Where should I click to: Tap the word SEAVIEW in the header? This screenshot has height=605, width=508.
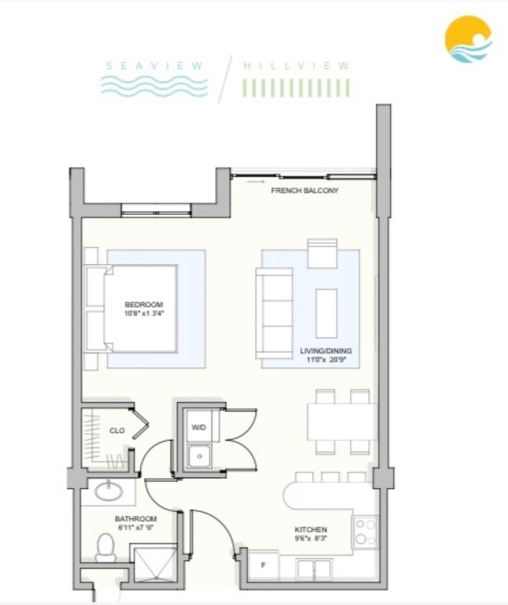154,66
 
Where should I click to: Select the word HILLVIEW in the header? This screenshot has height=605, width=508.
296,66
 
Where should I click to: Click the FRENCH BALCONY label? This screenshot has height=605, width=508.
304,190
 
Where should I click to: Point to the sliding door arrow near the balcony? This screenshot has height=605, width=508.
256,182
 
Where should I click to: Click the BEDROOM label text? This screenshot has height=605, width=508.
144,305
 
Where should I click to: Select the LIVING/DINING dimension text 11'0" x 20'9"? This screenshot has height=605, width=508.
326,359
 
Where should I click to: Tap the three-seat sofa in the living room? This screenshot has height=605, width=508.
274,313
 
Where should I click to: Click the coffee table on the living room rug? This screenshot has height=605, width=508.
326,313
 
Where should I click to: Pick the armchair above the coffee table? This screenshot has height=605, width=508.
322,253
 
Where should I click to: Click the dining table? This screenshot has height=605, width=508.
343,422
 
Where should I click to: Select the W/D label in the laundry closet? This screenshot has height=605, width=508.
199,427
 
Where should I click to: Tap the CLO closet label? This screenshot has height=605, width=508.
117,430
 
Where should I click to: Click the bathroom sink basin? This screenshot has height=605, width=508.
109,491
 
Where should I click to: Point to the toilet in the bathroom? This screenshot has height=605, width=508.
106,547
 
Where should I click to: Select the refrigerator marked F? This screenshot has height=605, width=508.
263,565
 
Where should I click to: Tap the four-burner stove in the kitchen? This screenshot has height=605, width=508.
365,532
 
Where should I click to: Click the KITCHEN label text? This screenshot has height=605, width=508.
310,529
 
